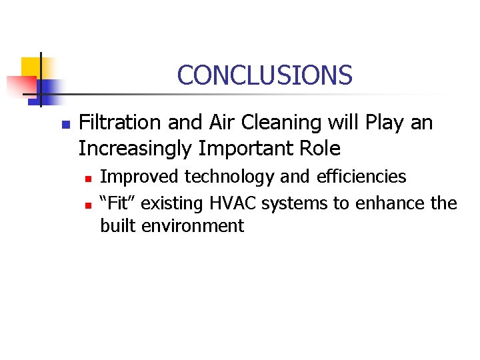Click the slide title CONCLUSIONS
pos(265,75)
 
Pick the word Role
pos(319,147)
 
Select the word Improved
pos(139,177)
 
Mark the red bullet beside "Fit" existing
pos(87,203)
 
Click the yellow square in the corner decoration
pos(31,67)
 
